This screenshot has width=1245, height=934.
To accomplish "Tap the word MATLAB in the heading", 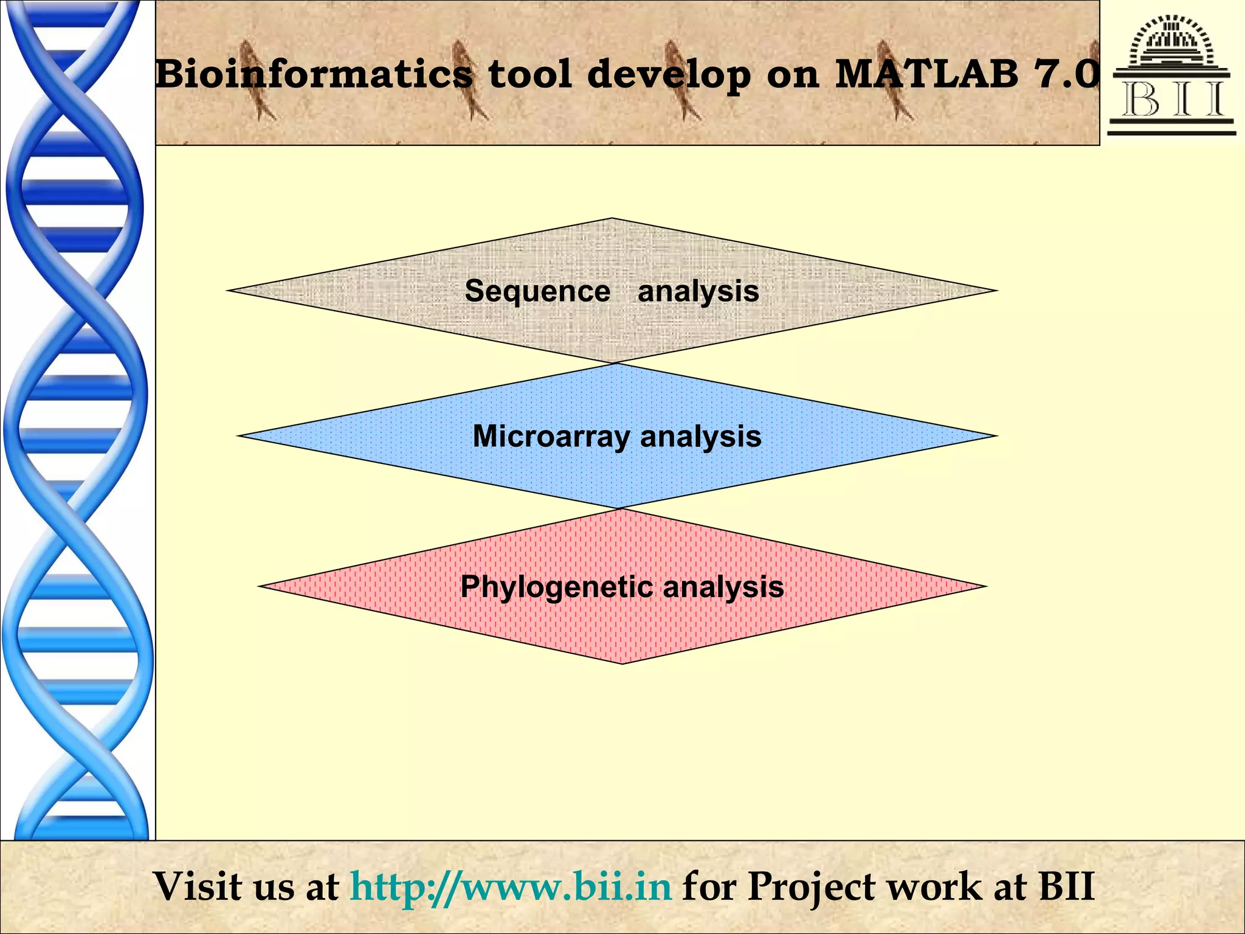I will click(x=926, y=74).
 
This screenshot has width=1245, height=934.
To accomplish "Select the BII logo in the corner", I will click(x=1171, y=74).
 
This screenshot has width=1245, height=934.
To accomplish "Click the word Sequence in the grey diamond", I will click(x=537, y=291).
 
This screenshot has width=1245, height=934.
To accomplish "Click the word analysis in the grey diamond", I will click(x=698, y=291).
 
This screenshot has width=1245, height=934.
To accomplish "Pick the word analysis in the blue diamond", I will click(x=700, y=437).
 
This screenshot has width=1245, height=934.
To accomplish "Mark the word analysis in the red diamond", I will click(x=723, y=587).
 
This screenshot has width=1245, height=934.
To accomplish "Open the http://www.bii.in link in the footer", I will click(x=511, y=887).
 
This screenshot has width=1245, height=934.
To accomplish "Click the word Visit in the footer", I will click(x=197, y=887).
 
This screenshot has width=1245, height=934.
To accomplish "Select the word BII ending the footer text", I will click(x=1066, y=887).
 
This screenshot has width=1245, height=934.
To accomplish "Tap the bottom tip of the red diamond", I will click(x=622, y=662).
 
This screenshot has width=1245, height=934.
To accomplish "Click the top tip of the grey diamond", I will click(x=612, y=219).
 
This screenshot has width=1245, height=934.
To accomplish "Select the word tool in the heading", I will click(x=529, y=74).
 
